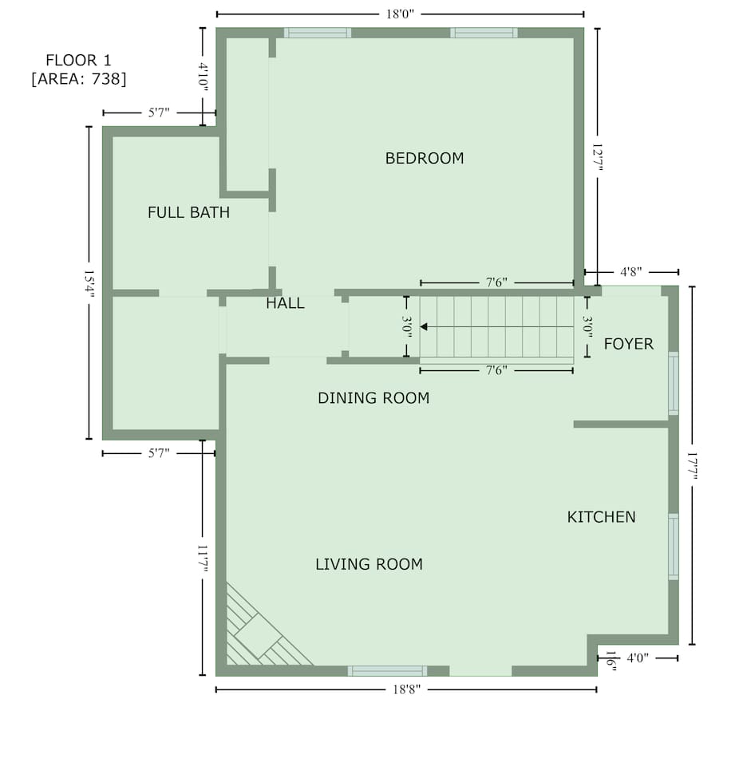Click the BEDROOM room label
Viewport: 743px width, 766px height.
click(425, 158)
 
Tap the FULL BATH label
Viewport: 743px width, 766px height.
click(188, 212)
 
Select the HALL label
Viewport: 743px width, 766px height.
click(285, 303)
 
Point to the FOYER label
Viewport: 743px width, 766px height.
click(629, 344)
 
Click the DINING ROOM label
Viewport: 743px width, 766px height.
click(373, 398)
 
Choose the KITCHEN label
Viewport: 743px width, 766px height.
click(601, 517)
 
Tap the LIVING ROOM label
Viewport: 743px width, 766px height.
click(369, 564)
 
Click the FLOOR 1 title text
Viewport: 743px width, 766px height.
click(79, 60)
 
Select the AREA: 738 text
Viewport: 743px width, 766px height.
click(79, 79)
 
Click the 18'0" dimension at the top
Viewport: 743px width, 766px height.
click(400, 14)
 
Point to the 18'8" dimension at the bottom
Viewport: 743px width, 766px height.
click(406, 689)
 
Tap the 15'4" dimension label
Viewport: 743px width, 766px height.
click(89, 283)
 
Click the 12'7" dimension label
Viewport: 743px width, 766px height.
click(598, 157)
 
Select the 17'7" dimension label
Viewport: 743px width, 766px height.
click(692, 465)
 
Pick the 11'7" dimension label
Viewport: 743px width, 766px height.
click(203, 559)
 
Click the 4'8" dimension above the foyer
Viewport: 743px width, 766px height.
click(631, 272)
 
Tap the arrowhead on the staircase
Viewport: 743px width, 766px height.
click(424, 326)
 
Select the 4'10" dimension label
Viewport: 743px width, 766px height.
click(204, 77)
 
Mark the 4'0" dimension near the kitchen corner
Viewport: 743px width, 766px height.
click(638, 658)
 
